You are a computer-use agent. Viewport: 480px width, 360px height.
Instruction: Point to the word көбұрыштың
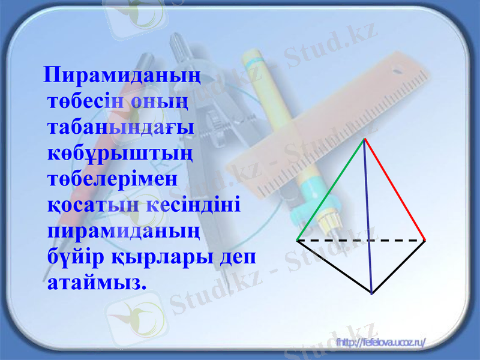tap(119, 154)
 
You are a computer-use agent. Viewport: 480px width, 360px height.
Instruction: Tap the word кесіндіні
tap(193, 205)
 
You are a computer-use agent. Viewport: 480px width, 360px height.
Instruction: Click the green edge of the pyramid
tap(331, 189)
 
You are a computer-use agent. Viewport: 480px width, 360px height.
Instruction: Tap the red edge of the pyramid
tap(395, 189)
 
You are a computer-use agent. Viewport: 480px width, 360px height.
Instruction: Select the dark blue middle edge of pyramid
tap(368, 216)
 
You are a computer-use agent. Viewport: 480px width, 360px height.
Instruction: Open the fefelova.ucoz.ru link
tap(381, 342)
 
